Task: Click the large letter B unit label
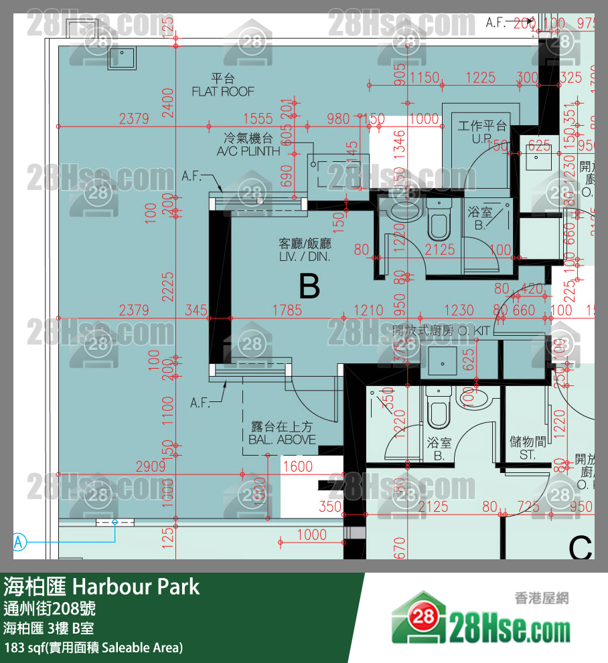pyautogui.click(x=309, y=286)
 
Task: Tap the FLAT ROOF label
pyautogui.click(x=223, y=91)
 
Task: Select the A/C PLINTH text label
pyautogui.click(x=248, y=151)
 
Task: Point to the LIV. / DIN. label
pyautogui.click(x=305, y=256)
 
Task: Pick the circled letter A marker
pyautogui.click(x=19, y=541)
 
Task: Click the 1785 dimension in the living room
pyautogui.click(x=287, y=310)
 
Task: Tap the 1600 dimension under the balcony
pyautogui.click(x=297, y=466)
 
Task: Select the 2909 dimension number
pyautogui.click(x=150, y=466)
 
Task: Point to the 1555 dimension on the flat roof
pyautogui.click(x=258, y=119)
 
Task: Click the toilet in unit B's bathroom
pyautogui.click(x=439, y=221)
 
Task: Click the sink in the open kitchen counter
pyautogui.click(x=442, y=361)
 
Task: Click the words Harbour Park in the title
pyautogui.click(x=136, y=587)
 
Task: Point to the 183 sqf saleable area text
pyautogui.click(x=93, y=648)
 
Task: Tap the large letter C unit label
pyautogui.click(x=580, y=549)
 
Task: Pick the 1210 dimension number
pyautogui.click(x=368, y=310)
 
